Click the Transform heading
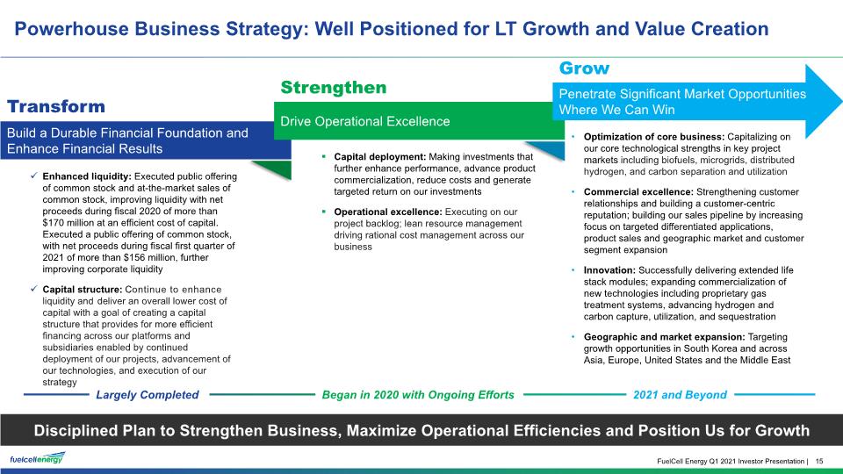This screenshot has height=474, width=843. click(56, 106)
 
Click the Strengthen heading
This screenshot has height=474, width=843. click(334, 88)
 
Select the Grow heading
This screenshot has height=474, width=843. click(585, 68)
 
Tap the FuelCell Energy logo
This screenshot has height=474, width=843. click(38, 458)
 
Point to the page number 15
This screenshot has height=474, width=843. click(819, 461)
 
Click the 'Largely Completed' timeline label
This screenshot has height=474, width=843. click(148, 395)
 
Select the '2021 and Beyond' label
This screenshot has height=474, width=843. click(680, 395)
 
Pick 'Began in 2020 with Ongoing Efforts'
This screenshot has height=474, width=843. click(418, 395)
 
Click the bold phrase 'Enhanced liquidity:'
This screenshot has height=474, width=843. click(87, 176)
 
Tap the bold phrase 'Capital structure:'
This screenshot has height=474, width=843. click(83, 289)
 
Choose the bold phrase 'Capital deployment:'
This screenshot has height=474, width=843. click(380, 157)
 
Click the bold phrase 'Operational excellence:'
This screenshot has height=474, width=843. click(388, 212)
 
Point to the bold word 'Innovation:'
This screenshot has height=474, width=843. click(609, 270)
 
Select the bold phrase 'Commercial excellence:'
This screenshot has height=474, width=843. click(638, 192)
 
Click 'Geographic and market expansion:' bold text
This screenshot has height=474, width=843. click(665, 337)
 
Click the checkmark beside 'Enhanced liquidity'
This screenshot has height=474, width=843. click(34, 176)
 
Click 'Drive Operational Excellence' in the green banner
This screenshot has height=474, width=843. click(365, 121)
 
